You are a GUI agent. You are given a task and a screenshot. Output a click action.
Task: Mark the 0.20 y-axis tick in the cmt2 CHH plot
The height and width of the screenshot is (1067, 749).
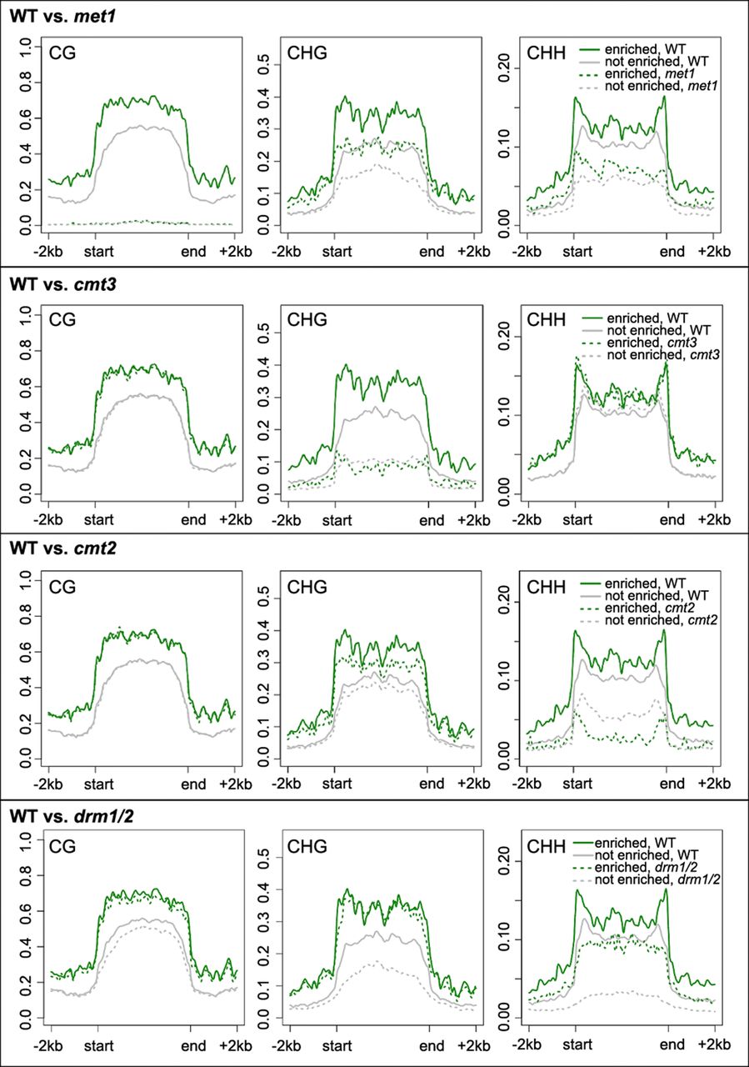point(502,602)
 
